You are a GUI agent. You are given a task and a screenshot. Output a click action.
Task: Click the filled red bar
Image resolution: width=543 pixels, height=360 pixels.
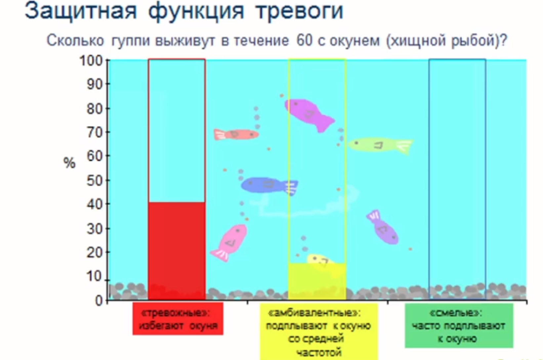177,251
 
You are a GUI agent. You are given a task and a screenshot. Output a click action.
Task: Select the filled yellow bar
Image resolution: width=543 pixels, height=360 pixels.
317,281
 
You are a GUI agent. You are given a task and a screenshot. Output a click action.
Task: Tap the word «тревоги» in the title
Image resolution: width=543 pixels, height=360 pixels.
300,11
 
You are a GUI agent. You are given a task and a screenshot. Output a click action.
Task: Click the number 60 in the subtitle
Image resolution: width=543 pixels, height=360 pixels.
305,40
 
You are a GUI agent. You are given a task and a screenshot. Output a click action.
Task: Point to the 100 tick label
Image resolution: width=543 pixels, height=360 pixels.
91,61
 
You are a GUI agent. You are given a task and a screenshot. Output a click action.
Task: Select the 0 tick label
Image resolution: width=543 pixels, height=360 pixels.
99,301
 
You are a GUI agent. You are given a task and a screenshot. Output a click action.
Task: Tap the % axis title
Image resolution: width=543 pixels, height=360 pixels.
69,163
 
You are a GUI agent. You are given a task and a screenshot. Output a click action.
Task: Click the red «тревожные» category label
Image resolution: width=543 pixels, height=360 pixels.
178,319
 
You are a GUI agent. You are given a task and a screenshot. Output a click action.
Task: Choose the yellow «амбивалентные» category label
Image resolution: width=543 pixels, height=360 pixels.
319,332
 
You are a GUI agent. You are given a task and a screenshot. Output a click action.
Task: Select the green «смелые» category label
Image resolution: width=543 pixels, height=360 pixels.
459,326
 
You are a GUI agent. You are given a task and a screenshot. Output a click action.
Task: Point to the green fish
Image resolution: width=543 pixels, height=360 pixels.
381,145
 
